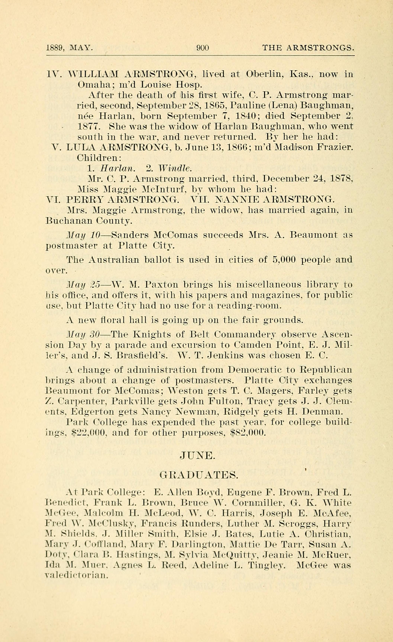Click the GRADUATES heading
pos(199,476)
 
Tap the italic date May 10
pos(83,235)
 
